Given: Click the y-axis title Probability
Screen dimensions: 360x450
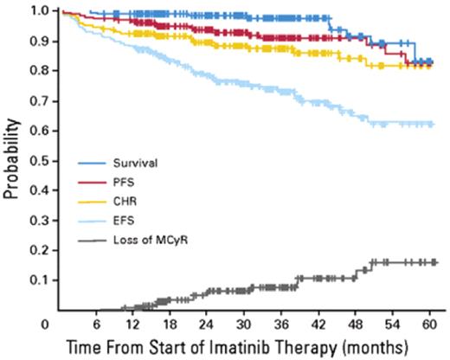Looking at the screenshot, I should (11, 163).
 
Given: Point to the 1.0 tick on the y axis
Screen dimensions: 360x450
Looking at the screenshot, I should (41, 11).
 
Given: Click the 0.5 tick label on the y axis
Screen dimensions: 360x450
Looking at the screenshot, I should (41, 162).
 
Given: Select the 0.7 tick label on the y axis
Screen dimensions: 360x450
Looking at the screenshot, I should (41, 102).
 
